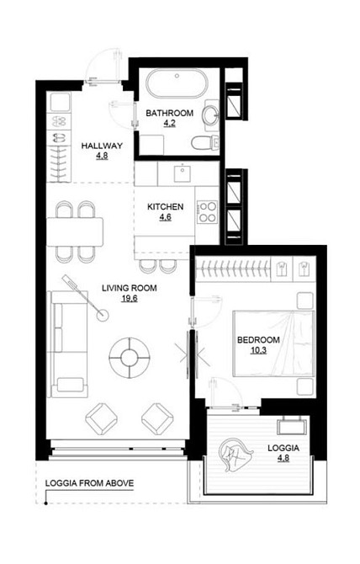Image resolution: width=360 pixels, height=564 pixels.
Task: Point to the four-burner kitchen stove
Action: (x=207, y=211)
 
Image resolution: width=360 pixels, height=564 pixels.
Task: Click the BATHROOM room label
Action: (x=170, y=113)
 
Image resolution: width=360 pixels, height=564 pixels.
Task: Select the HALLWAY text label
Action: (x=102, y=146)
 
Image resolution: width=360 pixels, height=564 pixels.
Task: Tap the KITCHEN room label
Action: (x=165, y=207)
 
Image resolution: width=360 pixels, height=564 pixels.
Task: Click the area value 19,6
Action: (x=130, y=297)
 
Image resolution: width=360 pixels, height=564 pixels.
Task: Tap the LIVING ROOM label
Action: (x=130, y=288)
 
